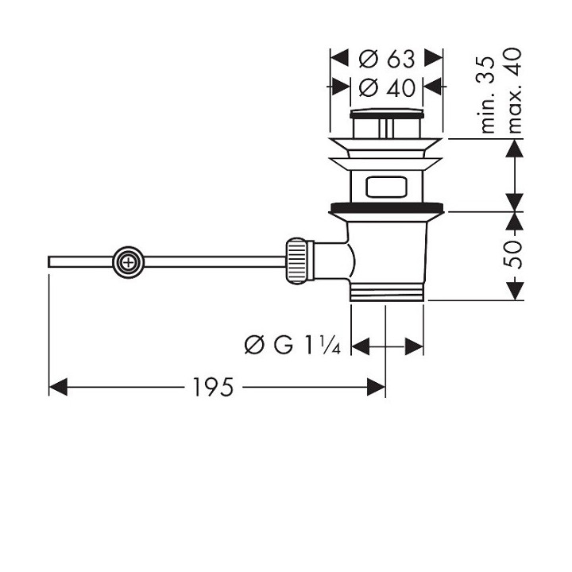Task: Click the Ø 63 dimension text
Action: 386,58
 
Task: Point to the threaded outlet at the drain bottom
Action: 387,292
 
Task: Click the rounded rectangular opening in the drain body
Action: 387,188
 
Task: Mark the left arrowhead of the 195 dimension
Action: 57,387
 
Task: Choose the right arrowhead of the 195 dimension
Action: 377,387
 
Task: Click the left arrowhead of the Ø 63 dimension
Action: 338,58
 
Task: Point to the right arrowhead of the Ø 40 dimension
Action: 434,85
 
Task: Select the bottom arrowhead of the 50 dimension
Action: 516,292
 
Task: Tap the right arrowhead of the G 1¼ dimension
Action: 414,346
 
